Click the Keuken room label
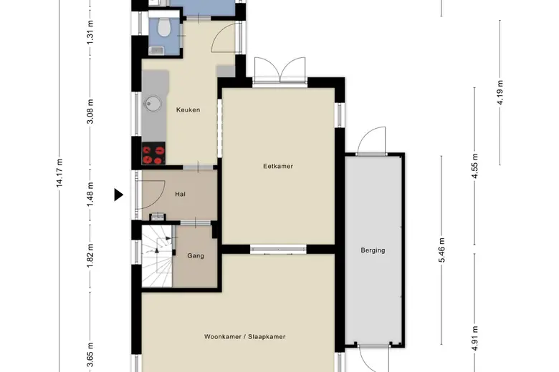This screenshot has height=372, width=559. click(188, 110)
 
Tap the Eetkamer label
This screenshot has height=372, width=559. click(278, 166)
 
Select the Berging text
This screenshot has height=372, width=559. click(373, 250)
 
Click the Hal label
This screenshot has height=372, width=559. click(180, 194)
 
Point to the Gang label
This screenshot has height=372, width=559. click(196, 255)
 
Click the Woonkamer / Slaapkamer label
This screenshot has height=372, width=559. click(244, 337)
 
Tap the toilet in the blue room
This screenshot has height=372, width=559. click(164, 27)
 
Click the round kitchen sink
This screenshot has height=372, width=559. click(153, 103)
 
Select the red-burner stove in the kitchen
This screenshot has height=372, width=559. click(153, 153)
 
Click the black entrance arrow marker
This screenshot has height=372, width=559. click(118, 195)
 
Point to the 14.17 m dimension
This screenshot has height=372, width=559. click(59, 172)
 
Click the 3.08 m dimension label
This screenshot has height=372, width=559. click(90, 112)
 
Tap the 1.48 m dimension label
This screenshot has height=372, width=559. click(90, 194)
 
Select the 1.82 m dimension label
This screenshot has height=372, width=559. click(90, 255)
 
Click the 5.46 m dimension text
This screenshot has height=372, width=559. click(441, 250)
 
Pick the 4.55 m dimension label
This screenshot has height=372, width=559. click(474, 166)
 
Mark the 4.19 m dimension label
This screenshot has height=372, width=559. click(500, 92)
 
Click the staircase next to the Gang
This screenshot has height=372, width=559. click(157, 256)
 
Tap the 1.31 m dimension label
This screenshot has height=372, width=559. click(90, 32)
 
